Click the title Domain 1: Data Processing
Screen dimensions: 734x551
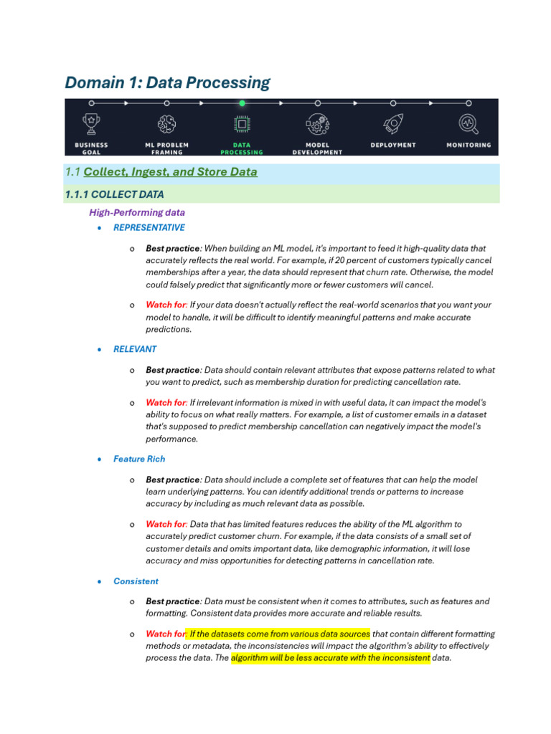click(167, 82)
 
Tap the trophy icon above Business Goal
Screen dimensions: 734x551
click(92, 123)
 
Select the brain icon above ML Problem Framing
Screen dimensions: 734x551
click(167, 123)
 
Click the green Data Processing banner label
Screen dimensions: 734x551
click(242, 148)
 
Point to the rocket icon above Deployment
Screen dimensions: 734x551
click(392, 123)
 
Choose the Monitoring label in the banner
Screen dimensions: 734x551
click(468, 145)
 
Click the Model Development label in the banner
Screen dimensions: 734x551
click(318, 148)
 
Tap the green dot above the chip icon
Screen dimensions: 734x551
click(242, 103)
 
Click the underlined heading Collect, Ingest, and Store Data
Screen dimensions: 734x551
click(170, 172)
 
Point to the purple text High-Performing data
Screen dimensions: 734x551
click(137, 212)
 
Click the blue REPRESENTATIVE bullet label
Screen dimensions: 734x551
click(149, 227)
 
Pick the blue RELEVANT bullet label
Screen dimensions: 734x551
click(135, 349)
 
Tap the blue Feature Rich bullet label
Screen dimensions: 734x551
click(139, 459)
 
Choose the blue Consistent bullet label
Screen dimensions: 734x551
click(136, 581)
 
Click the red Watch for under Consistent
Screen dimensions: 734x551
click(165, 634)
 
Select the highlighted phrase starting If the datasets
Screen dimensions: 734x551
click(279, 634)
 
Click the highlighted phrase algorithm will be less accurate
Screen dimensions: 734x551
click(330, 658)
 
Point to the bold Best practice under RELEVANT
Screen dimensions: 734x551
click(173, 370)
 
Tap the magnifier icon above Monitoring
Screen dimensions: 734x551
click(468, 123)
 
